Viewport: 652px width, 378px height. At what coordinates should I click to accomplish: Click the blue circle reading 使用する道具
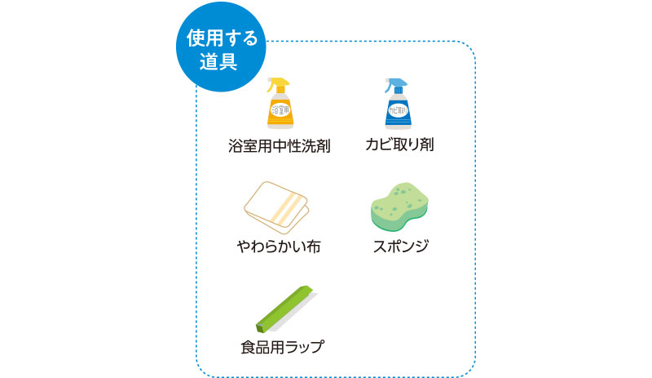tap(221, 47)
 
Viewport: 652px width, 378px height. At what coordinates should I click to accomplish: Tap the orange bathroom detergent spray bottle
tap(280, 103)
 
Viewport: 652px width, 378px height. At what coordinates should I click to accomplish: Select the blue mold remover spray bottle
tap(398, 104)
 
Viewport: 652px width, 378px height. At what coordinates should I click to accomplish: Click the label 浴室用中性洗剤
tap(279, 146)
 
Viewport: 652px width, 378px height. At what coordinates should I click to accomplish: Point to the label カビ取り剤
tap(399, 145)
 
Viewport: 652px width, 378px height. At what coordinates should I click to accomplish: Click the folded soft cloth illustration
tap(276, 207)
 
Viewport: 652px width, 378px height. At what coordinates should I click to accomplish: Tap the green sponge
tap(399, 207)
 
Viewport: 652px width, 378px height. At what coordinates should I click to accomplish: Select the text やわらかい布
tap(279, 247)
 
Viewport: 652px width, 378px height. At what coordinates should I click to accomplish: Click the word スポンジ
tap(400, 246)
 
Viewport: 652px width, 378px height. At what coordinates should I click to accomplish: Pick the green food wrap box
tap(286, 309)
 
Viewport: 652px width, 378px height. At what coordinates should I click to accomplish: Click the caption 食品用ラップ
tap(282, 347)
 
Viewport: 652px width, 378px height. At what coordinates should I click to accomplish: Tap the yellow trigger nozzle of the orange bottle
tap(278, 85)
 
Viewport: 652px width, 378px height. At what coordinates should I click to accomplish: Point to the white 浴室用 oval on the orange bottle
tap(280, 109)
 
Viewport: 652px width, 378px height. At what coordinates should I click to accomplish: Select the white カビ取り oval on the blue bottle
tap(398, 110)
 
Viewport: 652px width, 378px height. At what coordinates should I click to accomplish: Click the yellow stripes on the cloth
tap(286, 208)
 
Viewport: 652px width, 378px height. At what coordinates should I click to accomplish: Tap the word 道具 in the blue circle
tap(218, 62)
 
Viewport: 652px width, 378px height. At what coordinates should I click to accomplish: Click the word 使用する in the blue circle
tap(222, 38)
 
